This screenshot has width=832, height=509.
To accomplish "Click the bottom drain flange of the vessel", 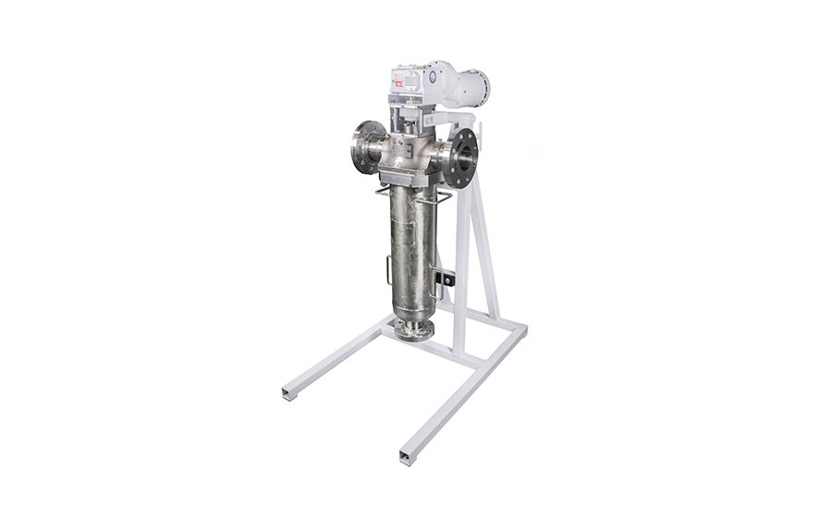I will tap(413, 329).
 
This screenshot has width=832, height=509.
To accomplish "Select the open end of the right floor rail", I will tap(408, 456).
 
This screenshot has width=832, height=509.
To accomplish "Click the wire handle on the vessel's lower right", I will tap(434, 278).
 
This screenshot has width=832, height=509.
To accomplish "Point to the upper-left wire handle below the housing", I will tap(384, 192).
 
